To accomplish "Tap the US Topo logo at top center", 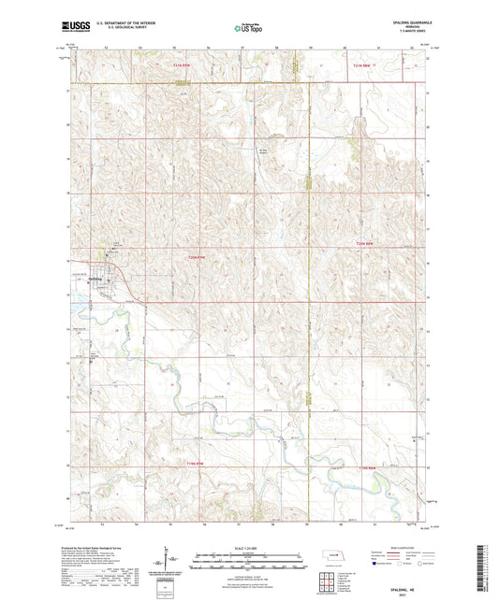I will click(246, 30).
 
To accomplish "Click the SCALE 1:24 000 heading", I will click(249, 547).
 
